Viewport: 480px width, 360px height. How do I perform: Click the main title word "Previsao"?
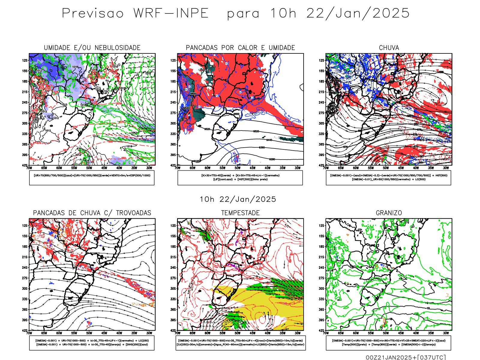93,13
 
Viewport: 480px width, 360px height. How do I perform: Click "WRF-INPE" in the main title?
171,13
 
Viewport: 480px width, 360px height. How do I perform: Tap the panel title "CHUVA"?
389,48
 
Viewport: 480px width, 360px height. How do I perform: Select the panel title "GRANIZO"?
389,213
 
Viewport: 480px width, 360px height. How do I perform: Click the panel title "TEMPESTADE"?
240,213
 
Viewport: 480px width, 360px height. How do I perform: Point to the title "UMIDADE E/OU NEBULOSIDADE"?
92,48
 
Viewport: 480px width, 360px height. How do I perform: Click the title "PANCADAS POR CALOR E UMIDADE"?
240,48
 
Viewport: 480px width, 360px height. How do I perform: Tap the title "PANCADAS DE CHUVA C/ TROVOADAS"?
92,213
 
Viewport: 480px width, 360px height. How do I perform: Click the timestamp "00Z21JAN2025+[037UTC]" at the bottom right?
406,357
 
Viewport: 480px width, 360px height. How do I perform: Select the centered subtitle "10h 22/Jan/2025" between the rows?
238,199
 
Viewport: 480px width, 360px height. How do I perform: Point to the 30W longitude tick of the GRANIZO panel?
446,333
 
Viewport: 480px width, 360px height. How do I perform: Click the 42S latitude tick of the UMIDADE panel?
25,165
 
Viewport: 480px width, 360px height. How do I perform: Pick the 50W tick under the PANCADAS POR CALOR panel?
237,168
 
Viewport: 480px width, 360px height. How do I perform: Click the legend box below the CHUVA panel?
388,178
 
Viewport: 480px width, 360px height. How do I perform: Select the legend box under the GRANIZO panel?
388,343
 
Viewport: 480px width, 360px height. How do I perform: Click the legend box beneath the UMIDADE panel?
92,178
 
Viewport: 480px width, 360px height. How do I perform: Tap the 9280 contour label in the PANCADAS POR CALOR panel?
272,159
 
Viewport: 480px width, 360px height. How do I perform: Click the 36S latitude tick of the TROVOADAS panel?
25,310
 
